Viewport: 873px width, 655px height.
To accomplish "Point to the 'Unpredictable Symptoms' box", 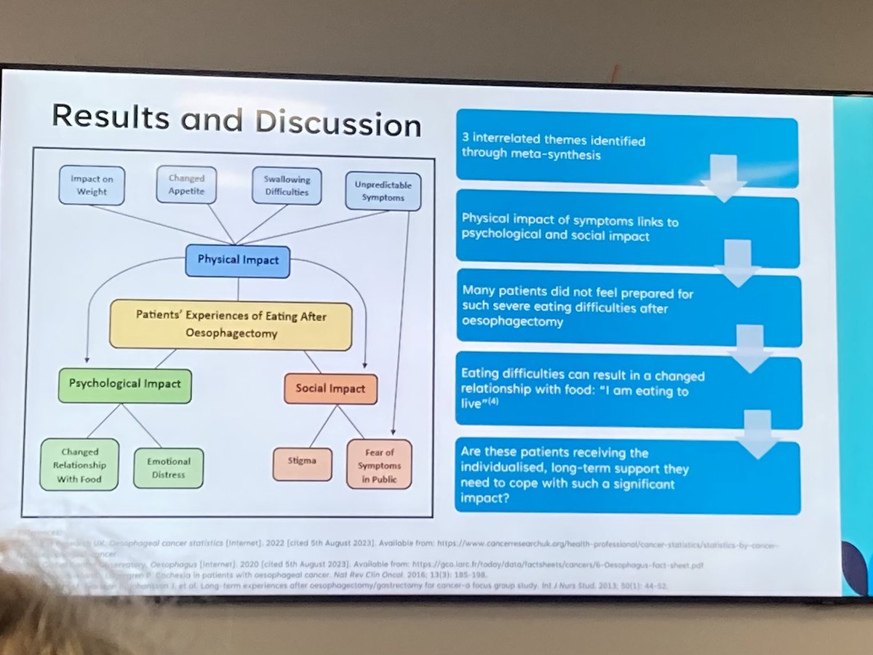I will [x=382, y=191].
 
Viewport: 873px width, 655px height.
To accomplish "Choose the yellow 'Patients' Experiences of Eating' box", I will [x=231, y=325].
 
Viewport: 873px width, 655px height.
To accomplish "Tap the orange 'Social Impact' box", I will [x=331, y=389].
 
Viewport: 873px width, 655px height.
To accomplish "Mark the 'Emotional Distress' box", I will [x=168, y=467].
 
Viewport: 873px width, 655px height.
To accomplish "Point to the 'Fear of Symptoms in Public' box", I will [x=379, y=464].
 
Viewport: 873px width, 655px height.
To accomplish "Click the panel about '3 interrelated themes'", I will [x=626, y=148].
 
